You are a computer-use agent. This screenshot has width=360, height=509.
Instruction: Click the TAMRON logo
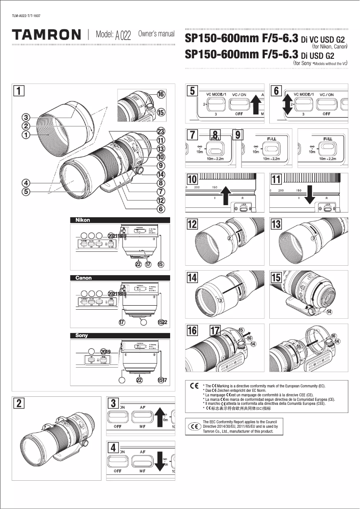(47, 35)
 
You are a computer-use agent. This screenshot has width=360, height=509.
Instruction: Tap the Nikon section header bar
(120, 220)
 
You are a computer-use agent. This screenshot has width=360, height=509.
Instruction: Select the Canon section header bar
(120, 278)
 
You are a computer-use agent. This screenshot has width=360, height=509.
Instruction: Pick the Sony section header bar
(120, 335)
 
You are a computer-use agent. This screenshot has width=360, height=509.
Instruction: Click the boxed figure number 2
(18, 403)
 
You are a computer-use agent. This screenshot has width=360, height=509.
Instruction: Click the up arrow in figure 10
(225, 195)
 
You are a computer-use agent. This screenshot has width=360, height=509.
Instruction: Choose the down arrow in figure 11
(309, 195)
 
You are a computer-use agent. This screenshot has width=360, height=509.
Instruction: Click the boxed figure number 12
(192, 223)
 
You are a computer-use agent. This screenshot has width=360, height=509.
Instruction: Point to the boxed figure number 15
(276, 277)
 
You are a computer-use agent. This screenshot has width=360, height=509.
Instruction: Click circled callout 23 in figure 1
(160, 131)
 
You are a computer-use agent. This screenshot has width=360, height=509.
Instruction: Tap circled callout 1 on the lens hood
(26, 134)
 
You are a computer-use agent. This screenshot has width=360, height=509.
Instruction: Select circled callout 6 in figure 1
(160, 208)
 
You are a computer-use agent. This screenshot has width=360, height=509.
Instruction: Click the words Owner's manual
(156, 35)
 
